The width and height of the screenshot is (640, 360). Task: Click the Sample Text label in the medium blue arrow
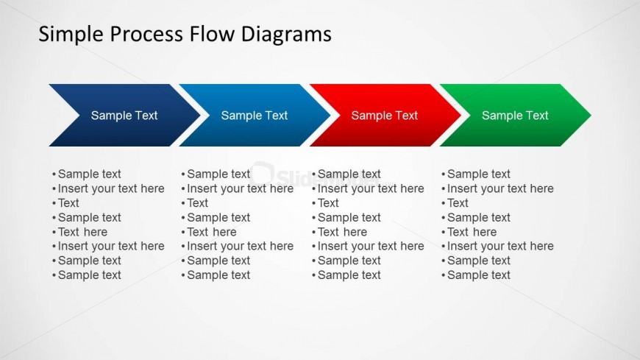tap(255, 116)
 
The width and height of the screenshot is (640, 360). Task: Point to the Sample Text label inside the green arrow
tap(515, 116)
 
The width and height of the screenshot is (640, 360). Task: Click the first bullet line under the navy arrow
tap(89, 174)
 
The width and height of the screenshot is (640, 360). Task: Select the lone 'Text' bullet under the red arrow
tap(328, 203)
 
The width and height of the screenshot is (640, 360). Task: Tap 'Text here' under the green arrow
tap(472, 232)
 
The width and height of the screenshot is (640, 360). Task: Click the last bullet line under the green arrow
tap(479, 275)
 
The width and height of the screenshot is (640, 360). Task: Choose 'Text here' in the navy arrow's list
tap(82, 232)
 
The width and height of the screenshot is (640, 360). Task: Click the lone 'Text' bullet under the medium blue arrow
tap(197, 203)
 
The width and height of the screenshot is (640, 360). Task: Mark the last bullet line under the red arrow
tap(349, 275)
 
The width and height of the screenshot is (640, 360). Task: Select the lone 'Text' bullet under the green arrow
tap(458, 203)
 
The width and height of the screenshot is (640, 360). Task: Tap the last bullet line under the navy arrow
tap(89, 275)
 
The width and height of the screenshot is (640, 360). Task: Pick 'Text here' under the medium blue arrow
tap(212, 232)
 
